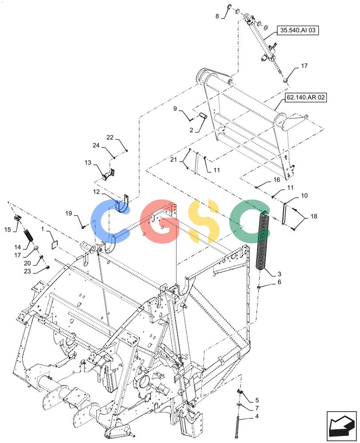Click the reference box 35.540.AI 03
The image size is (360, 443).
297,30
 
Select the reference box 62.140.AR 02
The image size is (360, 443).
305,98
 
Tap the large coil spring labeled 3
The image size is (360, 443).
263,241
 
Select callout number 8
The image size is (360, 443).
217,16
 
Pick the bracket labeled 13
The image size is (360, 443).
108,175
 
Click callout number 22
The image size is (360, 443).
110,138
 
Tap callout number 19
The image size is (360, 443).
69,214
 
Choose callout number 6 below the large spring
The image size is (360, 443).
279,282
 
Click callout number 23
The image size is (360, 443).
27,272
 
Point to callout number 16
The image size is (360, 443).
277,180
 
